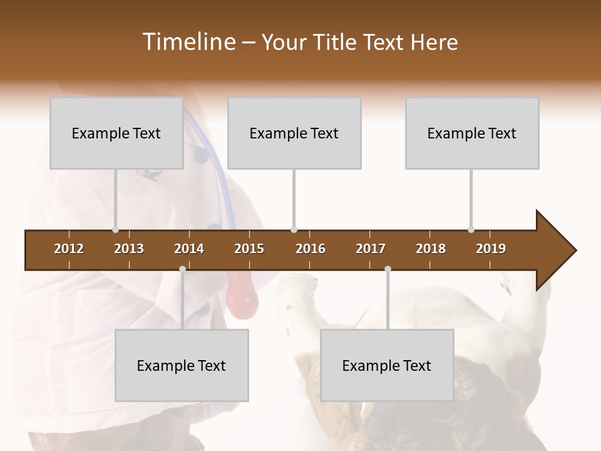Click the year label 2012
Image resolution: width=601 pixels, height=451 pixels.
point(69,249)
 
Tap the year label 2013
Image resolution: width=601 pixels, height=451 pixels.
point(129,249)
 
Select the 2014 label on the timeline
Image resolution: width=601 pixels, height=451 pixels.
point(189,249)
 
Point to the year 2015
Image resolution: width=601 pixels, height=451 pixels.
point(249,249)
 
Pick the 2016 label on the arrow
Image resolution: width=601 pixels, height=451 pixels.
point(311,249)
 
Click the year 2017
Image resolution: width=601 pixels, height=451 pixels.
point(371,249)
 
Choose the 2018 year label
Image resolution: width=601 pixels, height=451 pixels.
point(431,249)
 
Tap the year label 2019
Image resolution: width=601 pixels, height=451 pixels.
point(491,249)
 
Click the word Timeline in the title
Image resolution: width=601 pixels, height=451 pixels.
point(188,42)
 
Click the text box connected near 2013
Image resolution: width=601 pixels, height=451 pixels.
point(116,133)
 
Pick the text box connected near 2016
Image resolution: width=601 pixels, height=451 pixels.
point(294,133)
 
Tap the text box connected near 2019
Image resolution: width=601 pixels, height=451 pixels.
point(472,133)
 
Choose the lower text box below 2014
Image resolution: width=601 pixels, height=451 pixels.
point(182,366)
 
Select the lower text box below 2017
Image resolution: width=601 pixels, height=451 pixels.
point(387,366)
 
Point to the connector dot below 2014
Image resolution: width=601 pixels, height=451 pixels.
point(182,269)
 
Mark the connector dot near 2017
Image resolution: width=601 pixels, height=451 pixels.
point(388,269)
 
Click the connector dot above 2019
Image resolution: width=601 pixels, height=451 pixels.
point(471,229)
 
